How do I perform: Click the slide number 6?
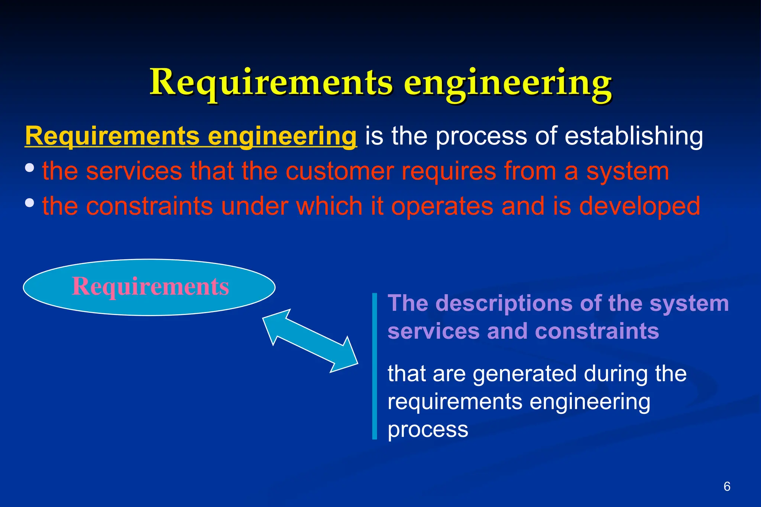(727, 486)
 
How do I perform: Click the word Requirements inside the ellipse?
(150, 287)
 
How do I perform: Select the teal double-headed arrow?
(310, 341)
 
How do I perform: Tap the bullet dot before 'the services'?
(30, 168)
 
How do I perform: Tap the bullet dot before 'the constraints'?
(30, 203)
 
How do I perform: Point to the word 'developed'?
(639, 206)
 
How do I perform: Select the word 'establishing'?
(634, 136)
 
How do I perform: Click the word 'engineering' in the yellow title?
(508, 83)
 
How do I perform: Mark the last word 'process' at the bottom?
(428, 430)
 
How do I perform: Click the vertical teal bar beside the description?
(375, 366)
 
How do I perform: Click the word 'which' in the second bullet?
(329, 206)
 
